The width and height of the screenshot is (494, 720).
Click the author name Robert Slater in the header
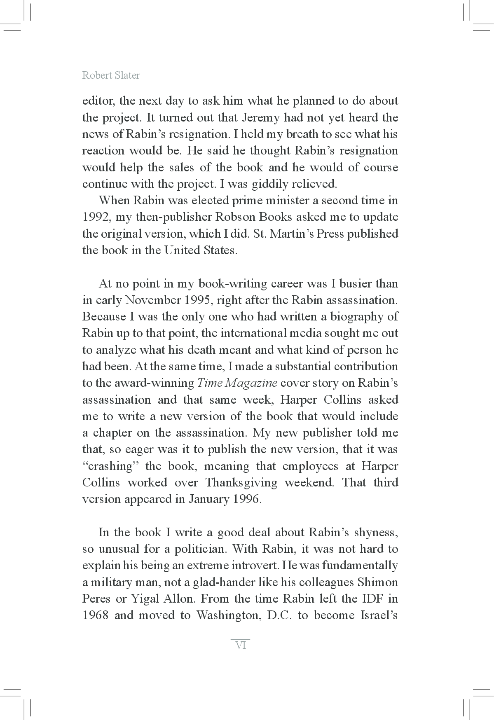pos(111,75)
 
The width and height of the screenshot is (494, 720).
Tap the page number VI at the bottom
pos(241,645)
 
